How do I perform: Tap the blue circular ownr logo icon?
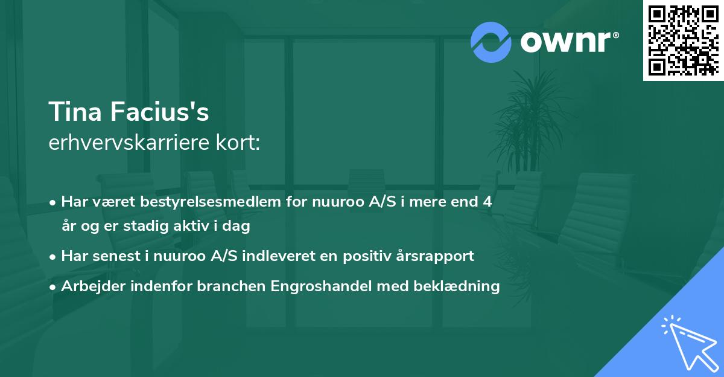491,42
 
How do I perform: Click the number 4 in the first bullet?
487,202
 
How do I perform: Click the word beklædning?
465,286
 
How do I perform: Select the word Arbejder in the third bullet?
89,286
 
